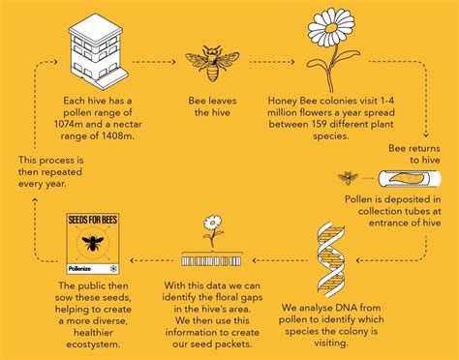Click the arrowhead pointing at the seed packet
(x=130, y=259)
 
